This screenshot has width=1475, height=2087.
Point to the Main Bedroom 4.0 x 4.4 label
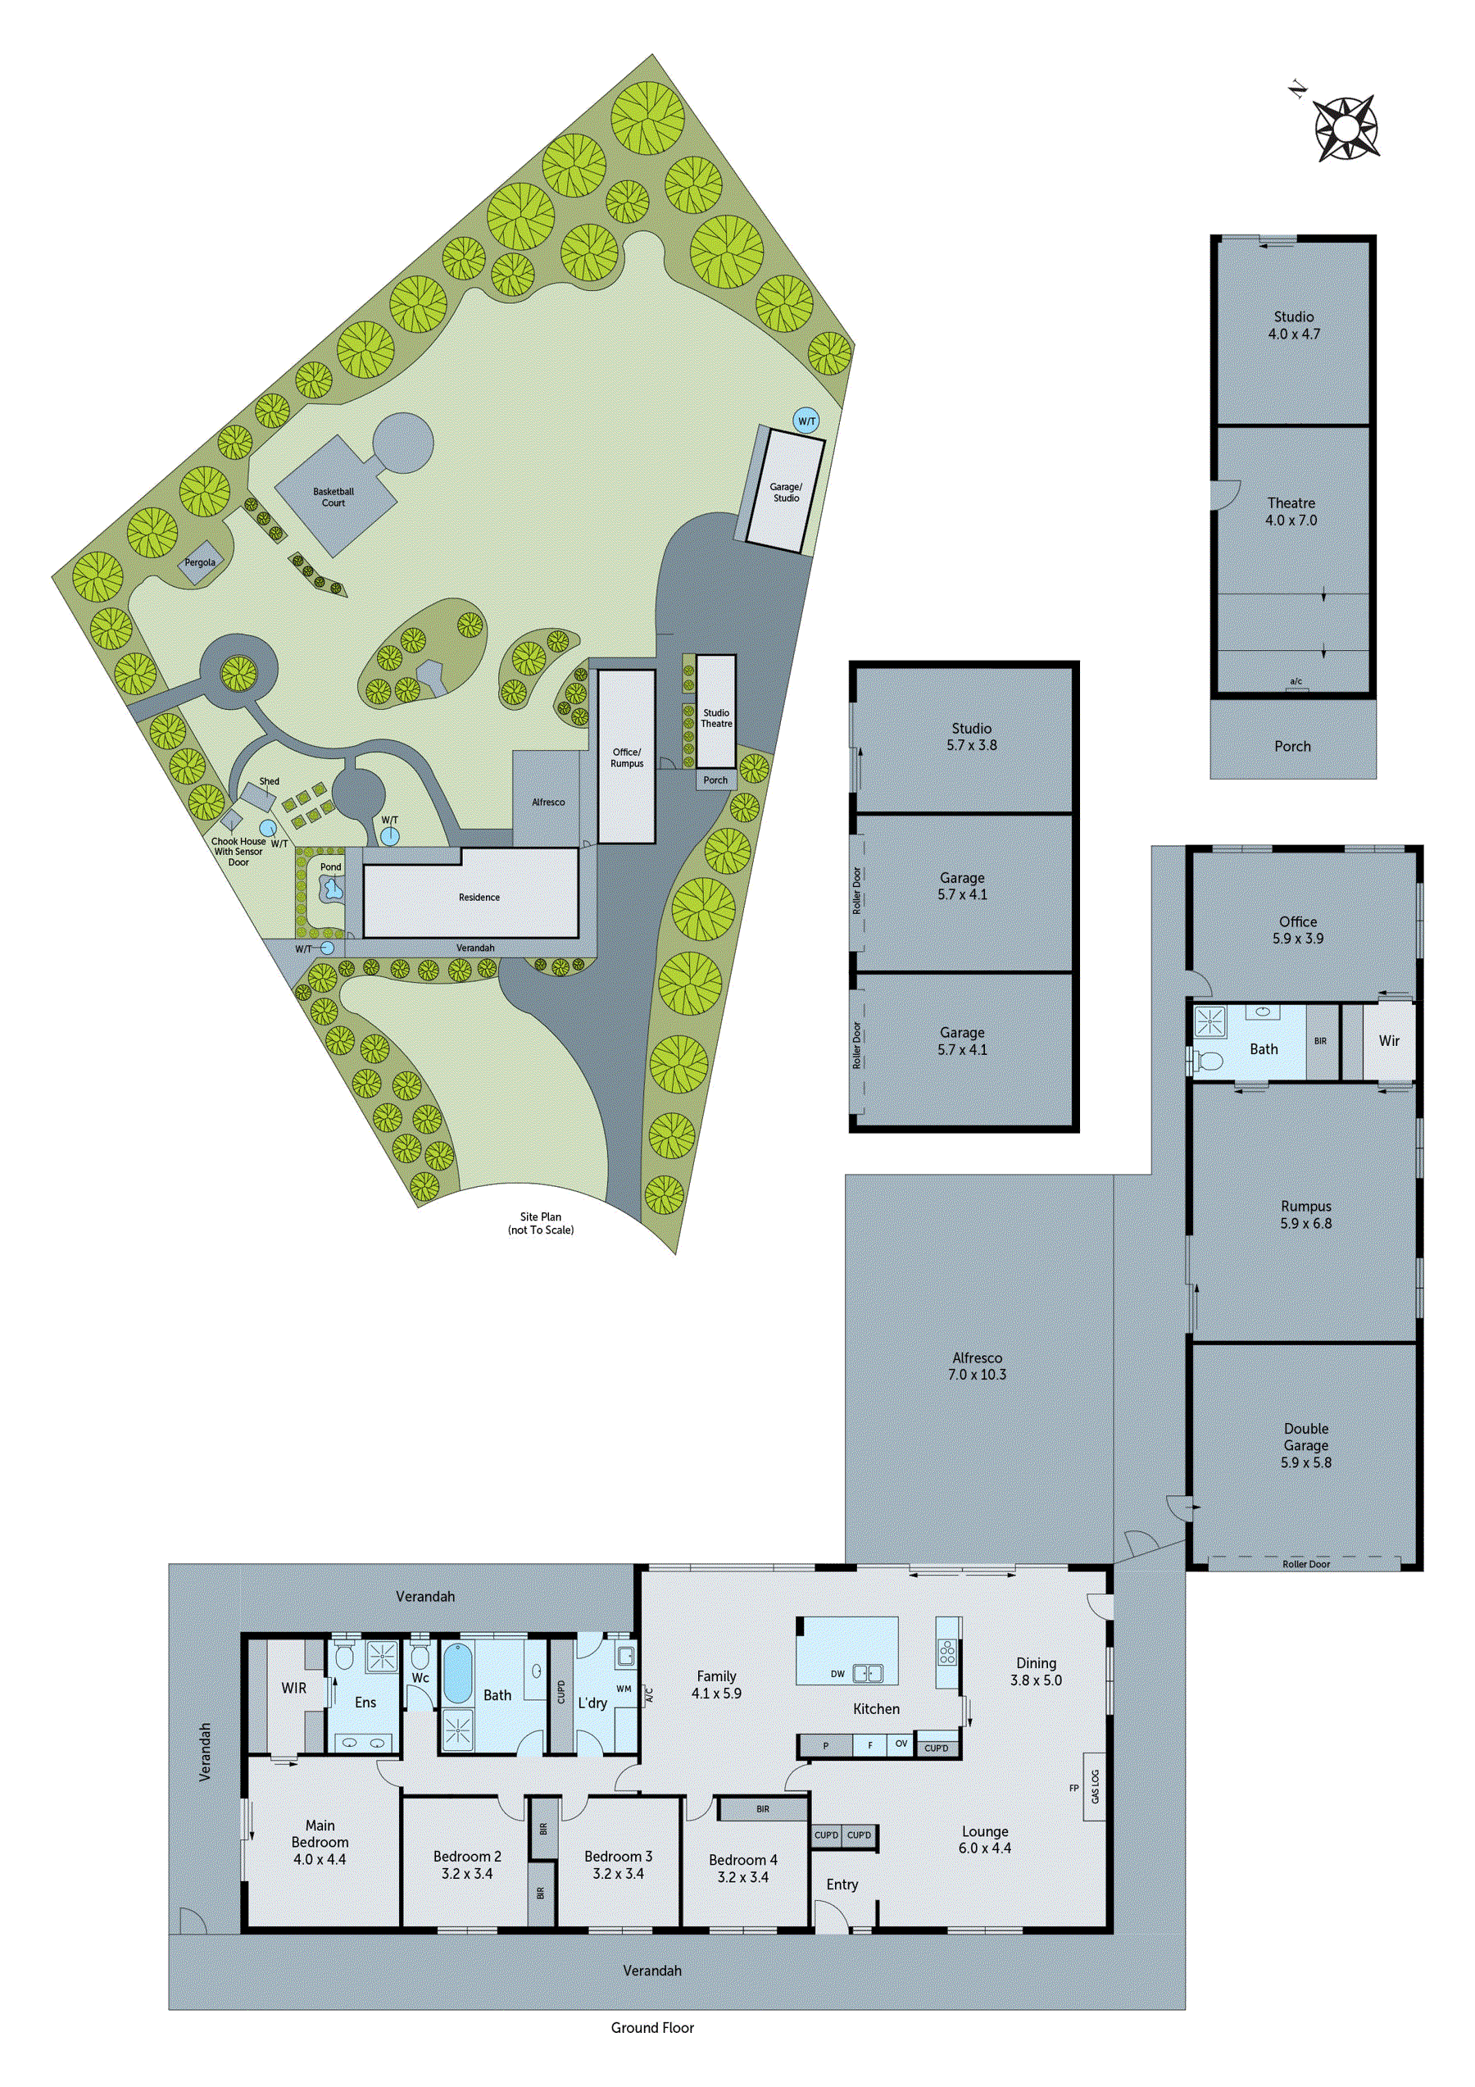pos(320,1843)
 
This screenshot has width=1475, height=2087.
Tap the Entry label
pos(842,1885)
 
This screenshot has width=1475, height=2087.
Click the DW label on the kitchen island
pos(837,1673)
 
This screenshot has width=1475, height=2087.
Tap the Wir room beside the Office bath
pos(1389,1041)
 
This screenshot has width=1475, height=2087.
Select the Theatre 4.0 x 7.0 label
pos(1291,512)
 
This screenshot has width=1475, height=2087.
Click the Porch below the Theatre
pos(1292,746)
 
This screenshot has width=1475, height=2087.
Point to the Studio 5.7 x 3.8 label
pos(972,736)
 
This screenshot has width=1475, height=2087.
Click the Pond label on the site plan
pos(331,867)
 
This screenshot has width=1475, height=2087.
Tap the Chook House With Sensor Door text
pos(238,852)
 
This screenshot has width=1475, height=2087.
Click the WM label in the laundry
pos(624,1689)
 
